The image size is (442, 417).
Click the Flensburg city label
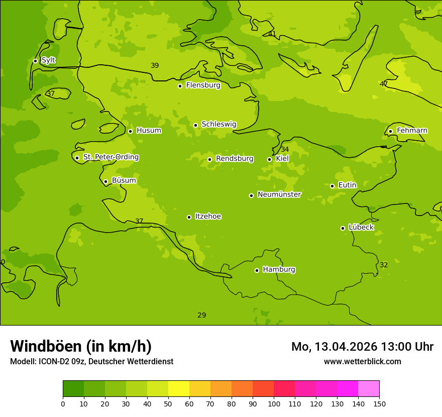(203, 85)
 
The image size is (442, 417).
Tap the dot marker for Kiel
(269, 159)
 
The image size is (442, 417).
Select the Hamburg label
(279, 270)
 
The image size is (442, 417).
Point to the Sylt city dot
(35, 61)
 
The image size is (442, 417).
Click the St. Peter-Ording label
(111, 157)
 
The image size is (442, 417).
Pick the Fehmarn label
(412, 131)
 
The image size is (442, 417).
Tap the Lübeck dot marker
(343, 228)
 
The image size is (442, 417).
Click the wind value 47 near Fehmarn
(384, 84)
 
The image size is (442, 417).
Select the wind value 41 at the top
(272, 34)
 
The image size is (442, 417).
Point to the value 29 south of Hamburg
(201, 316)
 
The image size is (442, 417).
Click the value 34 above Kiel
(285, 150)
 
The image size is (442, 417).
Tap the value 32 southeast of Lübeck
(384, 265)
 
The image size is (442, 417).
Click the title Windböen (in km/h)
(80, 346)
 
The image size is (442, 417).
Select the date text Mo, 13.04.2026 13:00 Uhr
(362, 347)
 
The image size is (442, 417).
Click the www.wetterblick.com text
(362, 362)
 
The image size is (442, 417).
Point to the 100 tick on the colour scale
(274, 403)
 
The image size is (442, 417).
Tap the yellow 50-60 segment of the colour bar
(179, 389)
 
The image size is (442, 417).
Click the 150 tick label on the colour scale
(379, 403)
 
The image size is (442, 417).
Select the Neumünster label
(279, 194)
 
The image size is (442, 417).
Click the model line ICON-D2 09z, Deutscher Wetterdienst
(91, 362)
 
